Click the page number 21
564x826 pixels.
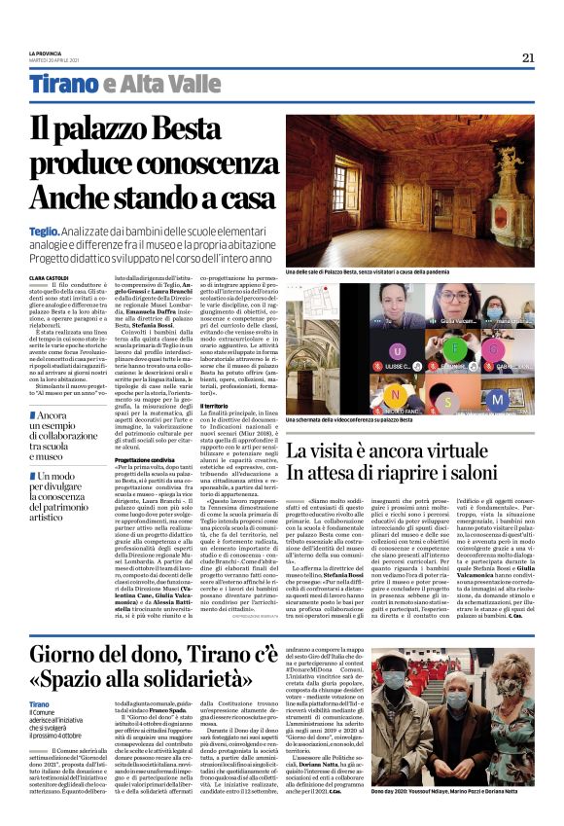528,57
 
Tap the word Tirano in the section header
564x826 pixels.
63,85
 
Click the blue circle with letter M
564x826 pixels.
497,399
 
